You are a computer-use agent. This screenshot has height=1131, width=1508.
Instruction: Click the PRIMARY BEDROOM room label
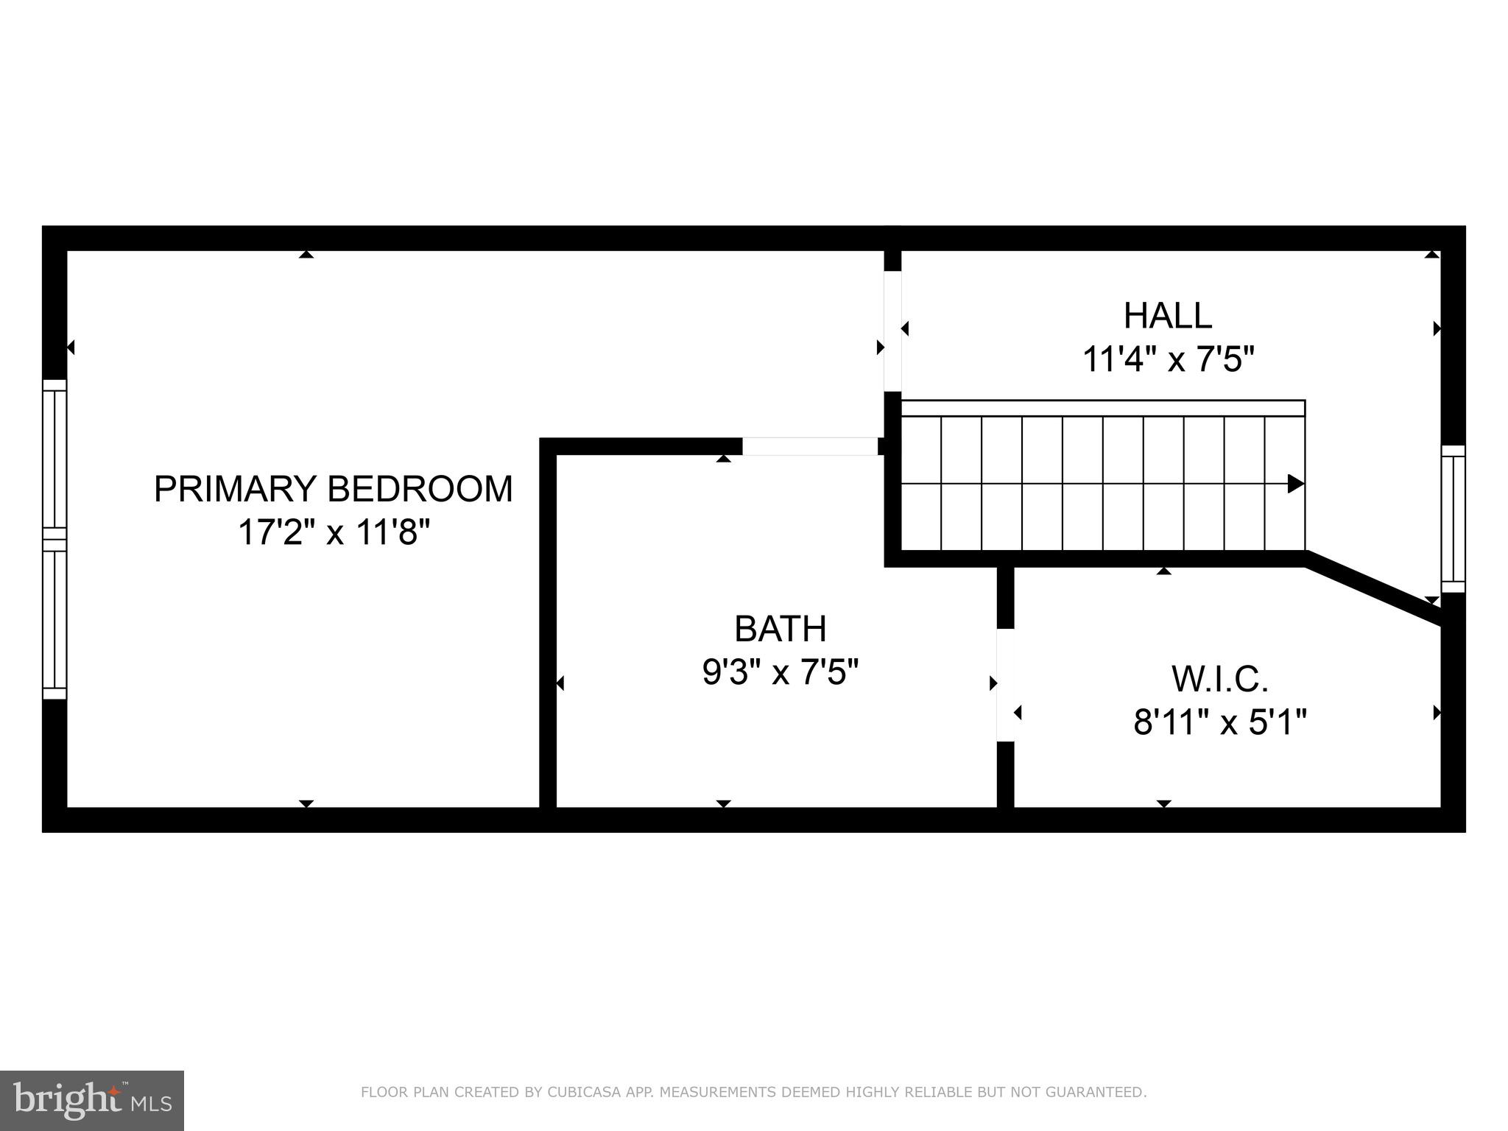click(x=333, y=489)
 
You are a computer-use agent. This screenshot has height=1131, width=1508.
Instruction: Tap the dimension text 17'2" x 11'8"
click(x=333, y=532)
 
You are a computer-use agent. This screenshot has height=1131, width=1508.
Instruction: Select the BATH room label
click(x=781, y=629)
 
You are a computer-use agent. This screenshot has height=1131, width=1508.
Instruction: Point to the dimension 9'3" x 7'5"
click(x=781, y=672)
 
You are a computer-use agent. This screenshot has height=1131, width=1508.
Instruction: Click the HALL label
click(x=1167, y=316)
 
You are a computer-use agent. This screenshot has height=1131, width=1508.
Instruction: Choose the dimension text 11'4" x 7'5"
click(x=1167, y=360)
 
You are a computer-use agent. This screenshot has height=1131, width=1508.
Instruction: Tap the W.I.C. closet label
click(x=1219, y=679)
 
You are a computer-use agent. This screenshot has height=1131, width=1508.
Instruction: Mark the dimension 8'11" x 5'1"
click(x=1219, y=722)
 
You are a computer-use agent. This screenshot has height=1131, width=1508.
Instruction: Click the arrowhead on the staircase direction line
click(x=1295, y=484)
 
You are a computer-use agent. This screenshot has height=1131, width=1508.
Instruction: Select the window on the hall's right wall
click(x=1453, y=518)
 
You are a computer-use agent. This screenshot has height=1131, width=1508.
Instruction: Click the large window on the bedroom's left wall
click(x=54, y=539)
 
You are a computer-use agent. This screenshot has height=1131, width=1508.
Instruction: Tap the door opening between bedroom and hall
click(x=892, y=331)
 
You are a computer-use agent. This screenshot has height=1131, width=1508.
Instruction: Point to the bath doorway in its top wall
click(x=809, y=446)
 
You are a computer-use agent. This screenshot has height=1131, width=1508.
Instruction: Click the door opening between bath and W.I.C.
click(x=1005, y=685)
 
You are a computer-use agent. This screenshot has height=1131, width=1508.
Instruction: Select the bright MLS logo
click(x=92, y=1101)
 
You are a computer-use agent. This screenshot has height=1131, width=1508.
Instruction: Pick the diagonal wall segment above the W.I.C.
click(x=1374, y=589)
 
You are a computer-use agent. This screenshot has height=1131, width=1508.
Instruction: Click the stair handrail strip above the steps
click(x=1102, y=408)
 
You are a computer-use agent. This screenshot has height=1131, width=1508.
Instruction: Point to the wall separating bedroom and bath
click(x=547, y=626)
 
